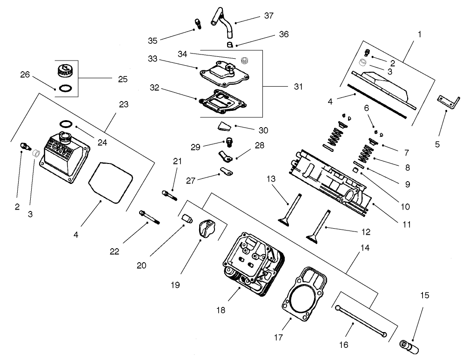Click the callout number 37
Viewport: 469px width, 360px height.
tap(268, 16)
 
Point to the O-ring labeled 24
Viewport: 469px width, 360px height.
tap(67, 124)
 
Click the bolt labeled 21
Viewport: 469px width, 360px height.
tap(169, 195)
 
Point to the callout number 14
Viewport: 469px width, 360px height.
tap(365, 248)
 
